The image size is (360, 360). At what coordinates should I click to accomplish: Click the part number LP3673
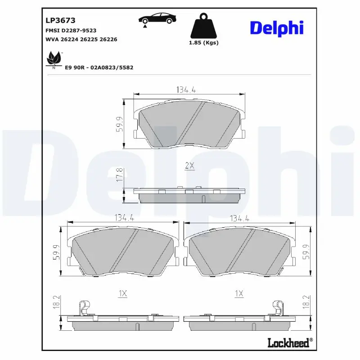pyautogui.click(x=60, y=20)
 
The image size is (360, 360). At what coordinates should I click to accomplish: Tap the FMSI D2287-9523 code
pyautogui.click(x=71, y=30)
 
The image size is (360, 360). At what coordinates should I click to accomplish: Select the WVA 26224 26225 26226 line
pyautogui.click(x=81, y=40)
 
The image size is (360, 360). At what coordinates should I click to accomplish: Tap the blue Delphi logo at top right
pyautogui.click(x=277, y=28)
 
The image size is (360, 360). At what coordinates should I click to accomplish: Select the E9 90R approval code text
pyautogui.click(x=99, y=67)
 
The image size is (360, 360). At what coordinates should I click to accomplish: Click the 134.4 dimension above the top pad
pyautogui.click(x=185, y=90)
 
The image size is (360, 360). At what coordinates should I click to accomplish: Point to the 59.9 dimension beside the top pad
pyautogui.click(x=119, y=125)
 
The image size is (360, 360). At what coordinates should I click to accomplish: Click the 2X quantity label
pyautogui.click(x=189, y=166)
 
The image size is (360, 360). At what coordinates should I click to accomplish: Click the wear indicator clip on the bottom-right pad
pyautogui.click(x=278, y=309)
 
